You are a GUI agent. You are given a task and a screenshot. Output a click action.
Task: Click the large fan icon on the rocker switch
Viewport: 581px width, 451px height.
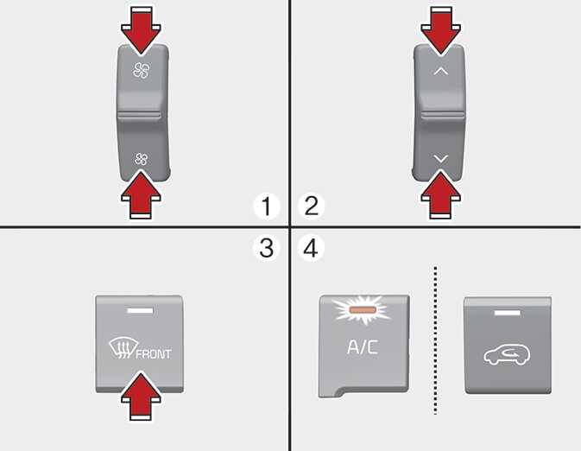point(142,70)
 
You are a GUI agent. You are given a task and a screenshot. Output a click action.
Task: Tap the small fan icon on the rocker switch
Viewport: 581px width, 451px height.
point(142,159)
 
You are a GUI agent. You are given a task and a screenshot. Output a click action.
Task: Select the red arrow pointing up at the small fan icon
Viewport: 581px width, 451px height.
point(142,194)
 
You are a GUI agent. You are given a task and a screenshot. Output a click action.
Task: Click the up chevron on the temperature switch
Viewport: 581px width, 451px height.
point(440,71)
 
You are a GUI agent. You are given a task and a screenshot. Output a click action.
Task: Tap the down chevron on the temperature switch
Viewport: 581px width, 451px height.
point(440,159)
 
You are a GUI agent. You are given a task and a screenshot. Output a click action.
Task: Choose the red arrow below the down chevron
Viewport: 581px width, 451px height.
point(441,194)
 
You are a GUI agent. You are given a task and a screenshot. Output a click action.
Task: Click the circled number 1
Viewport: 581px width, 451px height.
point(267,206)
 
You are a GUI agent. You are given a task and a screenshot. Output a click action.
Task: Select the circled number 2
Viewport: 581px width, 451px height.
point(312,206)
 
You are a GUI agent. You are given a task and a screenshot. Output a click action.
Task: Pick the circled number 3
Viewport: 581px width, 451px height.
point(267,248)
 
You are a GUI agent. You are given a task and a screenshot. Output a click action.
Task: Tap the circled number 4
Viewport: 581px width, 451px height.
point(312,248)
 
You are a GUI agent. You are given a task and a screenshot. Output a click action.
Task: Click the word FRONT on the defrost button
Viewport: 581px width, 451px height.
point(154,354)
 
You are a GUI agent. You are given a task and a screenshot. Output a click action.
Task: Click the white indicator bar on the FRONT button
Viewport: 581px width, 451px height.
point(140,310)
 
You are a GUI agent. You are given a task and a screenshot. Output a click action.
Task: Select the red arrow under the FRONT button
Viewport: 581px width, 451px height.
point(142,396)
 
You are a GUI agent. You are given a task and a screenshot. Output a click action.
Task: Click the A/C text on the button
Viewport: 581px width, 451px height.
point(363,347)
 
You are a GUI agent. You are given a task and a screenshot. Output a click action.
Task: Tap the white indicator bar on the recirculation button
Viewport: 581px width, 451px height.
point(508,313)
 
